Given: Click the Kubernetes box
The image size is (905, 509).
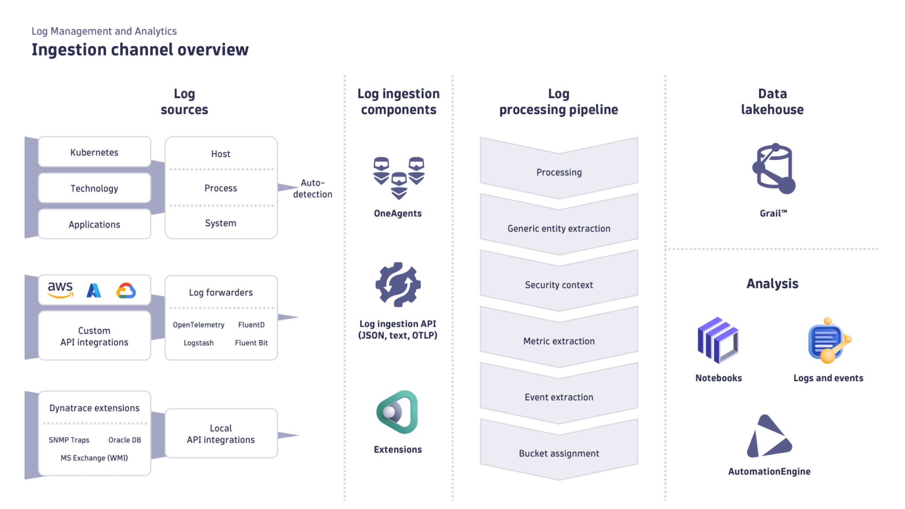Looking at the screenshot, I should click(x=94, y=152).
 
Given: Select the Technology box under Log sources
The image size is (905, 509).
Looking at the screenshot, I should click(x=94, y=188).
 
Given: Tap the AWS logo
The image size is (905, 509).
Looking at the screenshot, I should click(x=60, y=289).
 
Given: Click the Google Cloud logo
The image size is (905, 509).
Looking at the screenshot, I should click(x=126, y=291).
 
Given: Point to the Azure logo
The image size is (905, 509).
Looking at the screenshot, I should click(x=94, y=290).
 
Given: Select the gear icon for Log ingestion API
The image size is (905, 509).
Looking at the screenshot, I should click(x=398, y=285).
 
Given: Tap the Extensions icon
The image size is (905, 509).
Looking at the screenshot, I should click(x=397, y=412).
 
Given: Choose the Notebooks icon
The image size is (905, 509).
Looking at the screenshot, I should click(x=718, y=340).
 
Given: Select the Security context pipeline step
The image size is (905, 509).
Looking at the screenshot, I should click(x=559, y=285).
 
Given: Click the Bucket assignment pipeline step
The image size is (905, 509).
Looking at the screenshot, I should click(x=559, y=453).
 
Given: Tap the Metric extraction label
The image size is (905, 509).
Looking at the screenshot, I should click(x=559, y=341).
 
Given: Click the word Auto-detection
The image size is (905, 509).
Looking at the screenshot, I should click(x=312, y=189).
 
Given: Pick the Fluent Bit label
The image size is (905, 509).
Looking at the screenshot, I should click(x=251, y=343).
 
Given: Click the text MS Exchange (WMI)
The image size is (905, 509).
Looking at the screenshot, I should click(x=94, y=458).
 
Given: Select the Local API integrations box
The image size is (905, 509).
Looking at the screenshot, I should click(x=221, y=434).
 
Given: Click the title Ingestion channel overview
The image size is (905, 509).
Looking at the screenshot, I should click(x=140, y=49).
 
